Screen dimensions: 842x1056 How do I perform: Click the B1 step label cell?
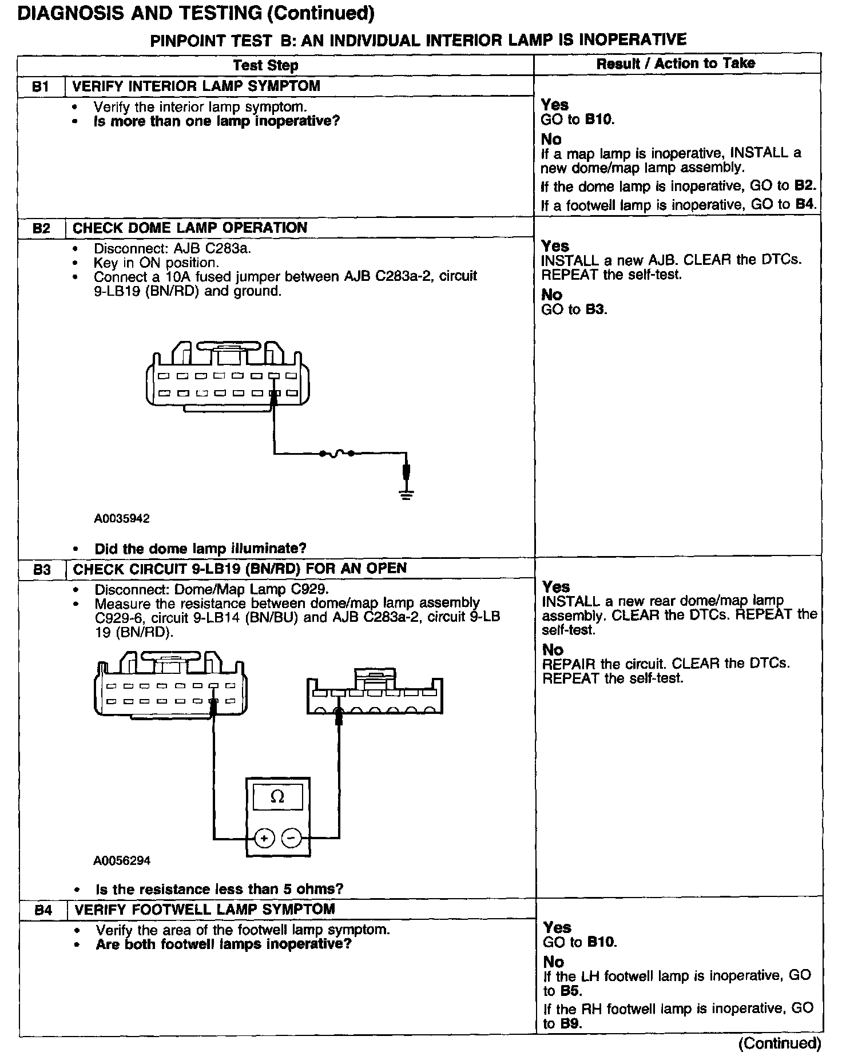(41, 86)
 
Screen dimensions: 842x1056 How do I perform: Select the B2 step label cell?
(41, 228)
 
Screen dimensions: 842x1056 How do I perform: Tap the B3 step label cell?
(42, 569)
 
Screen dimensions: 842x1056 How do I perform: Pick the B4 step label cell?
(43, 910)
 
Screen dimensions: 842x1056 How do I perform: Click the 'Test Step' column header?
(265, 65)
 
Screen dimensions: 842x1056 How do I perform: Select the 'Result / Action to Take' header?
(676, 63)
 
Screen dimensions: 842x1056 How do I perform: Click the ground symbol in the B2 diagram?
(406, 494)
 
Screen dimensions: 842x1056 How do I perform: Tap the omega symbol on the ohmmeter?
(277, 797)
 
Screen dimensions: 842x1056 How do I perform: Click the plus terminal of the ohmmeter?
(264, 839)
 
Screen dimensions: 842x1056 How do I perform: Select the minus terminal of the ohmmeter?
(291, 839)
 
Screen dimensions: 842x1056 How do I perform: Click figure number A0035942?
(122, 518)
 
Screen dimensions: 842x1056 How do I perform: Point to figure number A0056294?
(123, 860)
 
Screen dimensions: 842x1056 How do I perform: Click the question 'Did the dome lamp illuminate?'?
(200, 549)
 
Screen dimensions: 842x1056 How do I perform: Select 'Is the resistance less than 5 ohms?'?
(219, 889)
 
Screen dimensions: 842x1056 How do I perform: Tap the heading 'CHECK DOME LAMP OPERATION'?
(190, 228)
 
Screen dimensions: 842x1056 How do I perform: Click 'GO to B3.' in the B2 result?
(574, 309)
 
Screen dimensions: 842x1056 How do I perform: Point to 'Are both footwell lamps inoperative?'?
(223, 944)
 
